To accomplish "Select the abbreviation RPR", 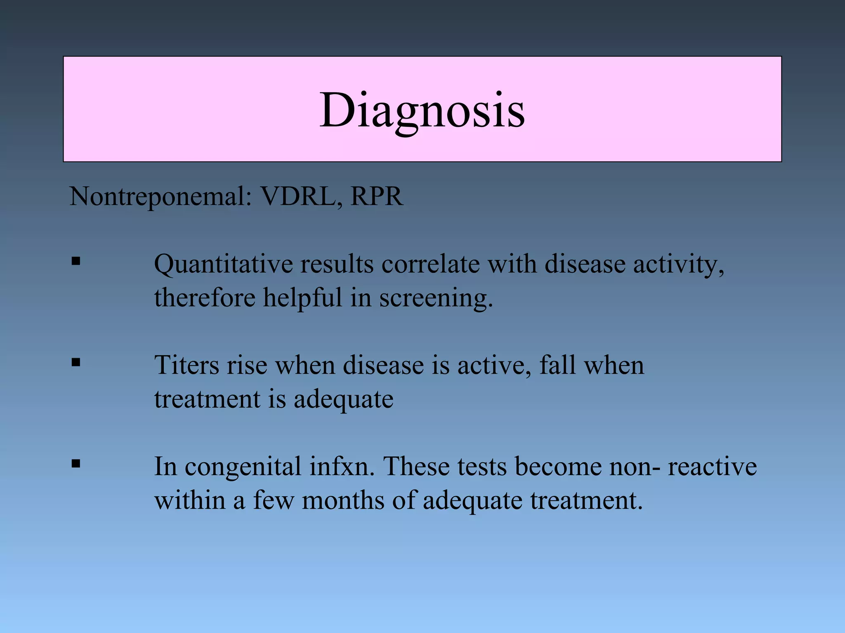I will pos(376,196).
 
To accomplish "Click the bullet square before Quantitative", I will pos(76,261).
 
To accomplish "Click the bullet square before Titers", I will pos(76,363).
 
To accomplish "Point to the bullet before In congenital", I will pos(76,464).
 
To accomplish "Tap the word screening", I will pos(436,298).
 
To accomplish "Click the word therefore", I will pos(205,297).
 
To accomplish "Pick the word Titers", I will pos(186,365).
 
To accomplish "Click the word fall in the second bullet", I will pos(557,365).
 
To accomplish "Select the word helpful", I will pos(303,298).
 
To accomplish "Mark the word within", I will pos(189,500).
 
